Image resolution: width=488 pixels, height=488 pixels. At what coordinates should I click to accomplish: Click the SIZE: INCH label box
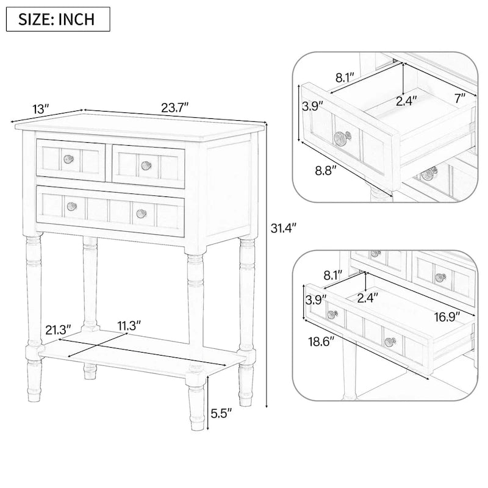pyautogui.click(x=58, y=19)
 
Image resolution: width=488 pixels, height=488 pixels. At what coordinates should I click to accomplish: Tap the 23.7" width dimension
pyautogui.click(x=175, y=107)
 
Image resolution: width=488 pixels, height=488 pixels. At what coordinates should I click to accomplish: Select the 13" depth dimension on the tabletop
pyautogui.click(x=40, y=109)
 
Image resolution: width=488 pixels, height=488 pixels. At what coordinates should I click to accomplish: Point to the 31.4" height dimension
pyautogui.click(x=282, y=228)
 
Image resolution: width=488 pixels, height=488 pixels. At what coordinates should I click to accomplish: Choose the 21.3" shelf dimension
pyautogui.click(x=56, y=330)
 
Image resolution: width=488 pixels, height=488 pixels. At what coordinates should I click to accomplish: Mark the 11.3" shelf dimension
pyautogui.click(x=130, y=325)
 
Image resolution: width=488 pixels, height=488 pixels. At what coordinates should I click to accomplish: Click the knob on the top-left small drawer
pyautogui.click(x=69, y=159)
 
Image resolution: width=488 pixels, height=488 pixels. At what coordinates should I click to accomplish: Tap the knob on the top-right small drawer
pyautogui.click(x=146, y=165)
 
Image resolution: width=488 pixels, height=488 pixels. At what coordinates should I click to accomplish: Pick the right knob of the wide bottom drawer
pyautogui.click(x=142, y=212)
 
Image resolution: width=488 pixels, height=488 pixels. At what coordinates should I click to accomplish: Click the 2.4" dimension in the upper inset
pyautogui.click(x=406, y=101)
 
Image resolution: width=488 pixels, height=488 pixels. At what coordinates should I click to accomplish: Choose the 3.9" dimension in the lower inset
pyautogui.click(x=315, y=300)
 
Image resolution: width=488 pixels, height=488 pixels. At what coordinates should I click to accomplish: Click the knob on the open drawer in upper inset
pyautogui.click(x=340, y=137)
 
